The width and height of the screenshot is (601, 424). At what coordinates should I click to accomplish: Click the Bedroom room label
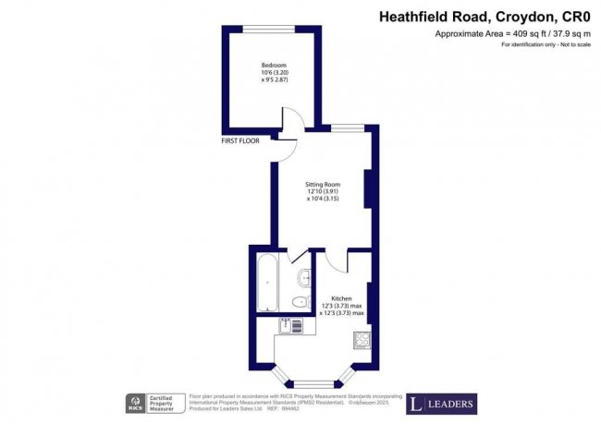tap(273, 66)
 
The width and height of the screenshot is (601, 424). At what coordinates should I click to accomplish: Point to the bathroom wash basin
tap(304, 276)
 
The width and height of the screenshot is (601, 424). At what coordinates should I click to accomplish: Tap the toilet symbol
tap(299, 302)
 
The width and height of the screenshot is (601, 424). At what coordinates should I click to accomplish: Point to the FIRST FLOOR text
tap(240, 141)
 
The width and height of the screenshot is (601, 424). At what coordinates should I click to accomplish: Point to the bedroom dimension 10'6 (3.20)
tap(273, 74)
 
